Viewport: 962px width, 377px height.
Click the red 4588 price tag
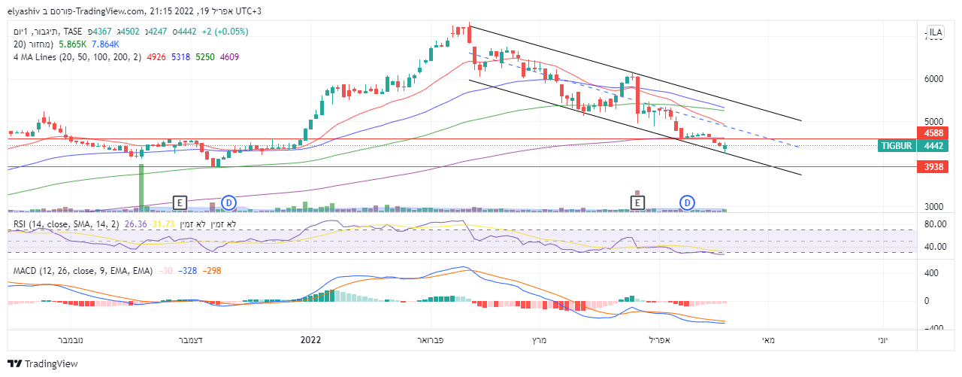(935, 133)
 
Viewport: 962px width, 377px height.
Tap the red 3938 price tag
(935, 166)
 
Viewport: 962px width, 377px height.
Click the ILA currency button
(936, 32)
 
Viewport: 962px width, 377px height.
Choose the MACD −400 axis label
(934, 328)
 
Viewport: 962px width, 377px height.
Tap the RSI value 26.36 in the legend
(135, 224)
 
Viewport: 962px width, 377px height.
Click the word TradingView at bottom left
(52, 364)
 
